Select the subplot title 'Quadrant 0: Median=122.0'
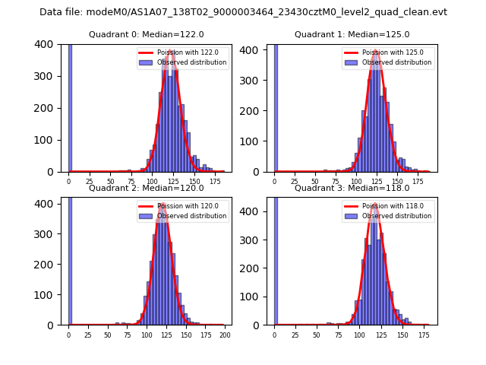pos(147,34)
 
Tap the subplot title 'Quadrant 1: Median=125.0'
pos(352,34)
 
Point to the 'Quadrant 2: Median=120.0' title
pos(147,188)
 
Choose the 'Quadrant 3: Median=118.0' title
pos(352,188)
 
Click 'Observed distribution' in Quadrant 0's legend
pos(191,62)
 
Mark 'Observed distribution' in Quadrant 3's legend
pos(397,216)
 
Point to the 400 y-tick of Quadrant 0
pos(51,44)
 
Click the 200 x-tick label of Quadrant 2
pos(225,335)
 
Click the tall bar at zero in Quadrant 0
pos(70,106)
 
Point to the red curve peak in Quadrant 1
pos(376,52)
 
